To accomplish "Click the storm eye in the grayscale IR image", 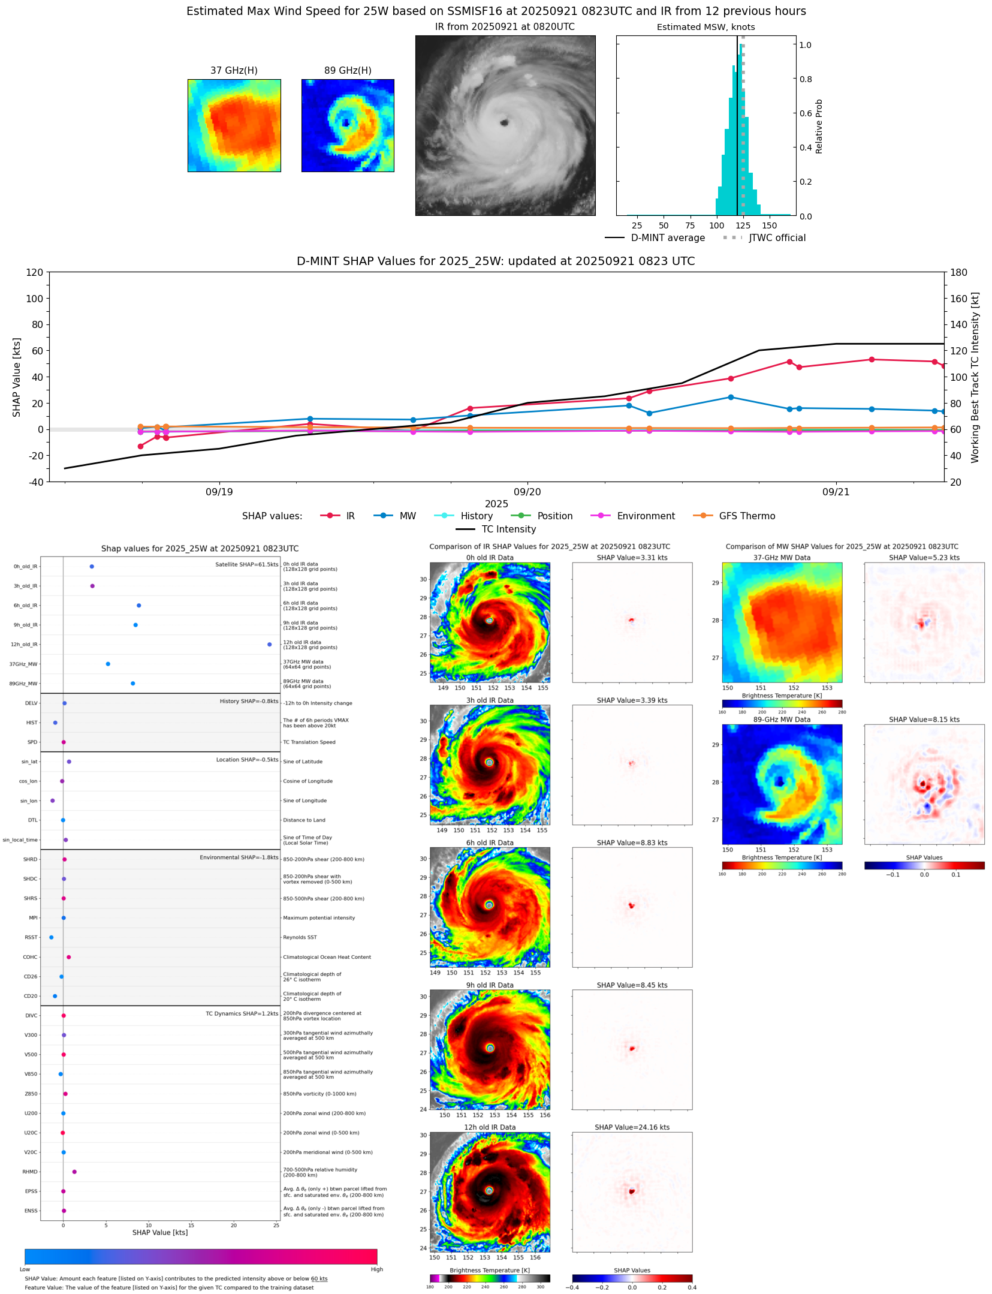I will (x=504, y=123).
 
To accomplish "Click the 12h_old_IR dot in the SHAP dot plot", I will (x=269, y=645).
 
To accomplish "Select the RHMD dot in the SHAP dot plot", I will (x=74, y=1172).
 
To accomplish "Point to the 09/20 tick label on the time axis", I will (x=527, y=492).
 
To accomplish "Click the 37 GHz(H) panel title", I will (x=234, y=71).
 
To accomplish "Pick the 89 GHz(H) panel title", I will (x=348, y=71).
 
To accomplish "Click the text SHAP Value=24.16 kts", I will (x=632, y=1127).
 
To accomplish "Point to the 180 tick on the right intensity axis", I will (x=959, y=272).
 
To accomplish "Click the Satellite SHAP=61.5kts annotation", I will (x=247, y=565).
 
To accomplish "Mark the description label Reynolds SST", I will (x=300, y=937).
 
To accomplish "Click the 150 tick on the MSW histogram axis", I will (x=769, y=226).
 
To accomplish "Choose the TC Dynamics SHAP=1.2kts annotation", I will (x=242, y=1014).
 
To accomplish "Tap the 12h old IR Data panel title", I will (x=490, y=1127).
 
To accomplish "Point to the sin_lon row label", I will (x=29, y=801).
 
